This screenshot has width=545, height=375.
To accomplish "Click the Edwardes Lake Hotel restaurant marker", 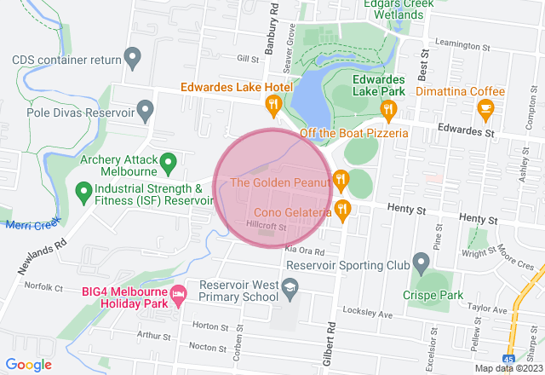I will [x=272, y=107].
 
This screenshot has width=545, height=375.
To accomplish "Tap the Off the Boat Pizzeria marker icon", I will [x=389, y=108].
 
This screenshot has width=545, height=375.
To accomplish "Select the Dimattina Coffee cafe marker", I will [x=485, y=107].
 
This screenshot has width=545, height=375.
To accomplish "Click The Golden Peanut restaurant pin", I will [x=341, y=178].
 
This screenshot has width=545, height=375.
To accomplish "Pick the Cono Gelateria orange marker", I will [x=342, y=208].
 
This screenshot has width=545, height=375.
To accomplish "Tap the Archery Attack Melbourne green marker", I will [x=168, y=159].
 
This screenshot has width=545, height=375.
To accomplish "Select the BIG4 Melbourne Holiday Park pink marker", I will [x=179, y=296].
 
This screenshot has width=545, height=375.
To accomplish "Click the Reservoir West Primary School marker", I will [x=291, y=294].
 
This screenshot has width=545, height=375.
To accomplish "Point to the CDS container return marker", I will [x=131, y=59].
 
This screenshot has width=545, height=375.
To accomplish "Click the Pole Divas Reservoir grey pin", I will [x=146, y=110].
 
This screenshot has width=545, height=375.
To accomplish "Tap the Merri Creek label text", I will [x=32, y=224].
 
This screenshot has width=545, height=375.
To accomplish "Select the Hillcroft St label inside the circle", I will [x=265, y=226].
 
